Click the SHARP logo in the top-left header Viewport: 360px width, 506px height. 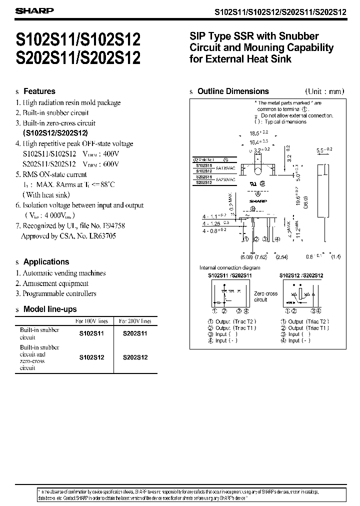(x=29, y=10)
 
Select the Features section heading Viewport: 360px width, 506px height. (x=39, y=91)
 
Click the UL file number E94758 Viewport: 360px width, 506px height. (x=113, y=225)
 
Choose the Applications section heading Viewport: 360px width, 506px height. (x=46, y=261)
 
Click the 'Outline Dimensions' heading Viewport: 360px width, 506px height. (x=233, y=91)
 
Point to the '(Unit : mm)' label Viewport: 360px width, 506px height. (x=325, y=91)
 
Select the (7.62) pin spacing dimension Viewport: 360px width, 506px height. (x=261, y=257)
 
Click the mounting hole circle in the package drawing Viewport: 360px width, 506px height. (x=258, y=173)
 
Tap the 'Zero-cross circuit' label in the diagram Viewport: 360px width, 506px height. (x=265, y=296)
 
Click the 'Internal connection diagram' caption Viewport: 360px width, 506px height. (x=229, y=268)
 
